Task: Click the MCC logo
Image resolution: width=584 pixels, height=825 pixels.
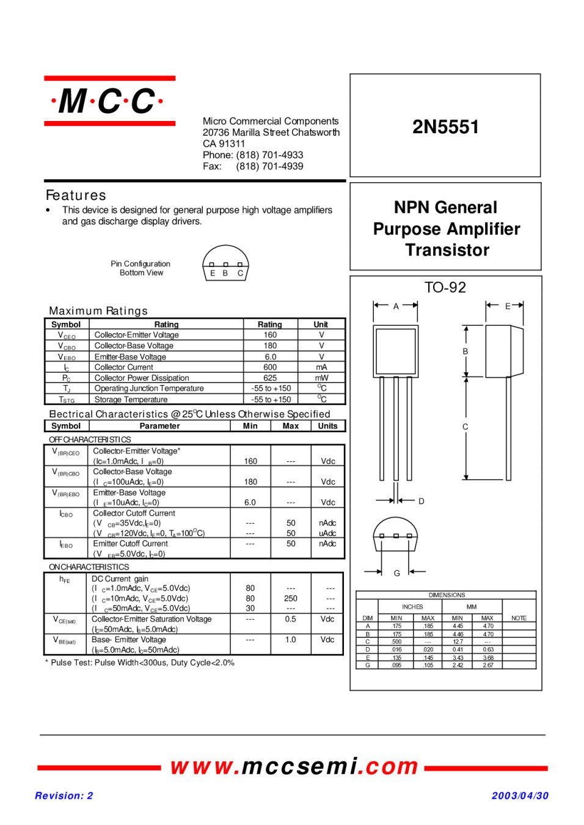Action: (x=109, y=101)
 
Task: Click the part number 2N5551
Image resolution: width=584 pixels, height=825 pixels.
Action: (x=445, y=127)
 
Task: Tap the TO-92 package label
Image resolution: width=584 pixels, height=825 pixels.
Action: (x=445, y=287)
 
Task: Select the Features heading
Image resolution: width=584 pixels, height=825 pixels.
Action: (x=76, y=195)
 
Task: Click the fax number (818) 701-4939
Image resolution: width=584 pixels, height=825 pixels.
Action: (x=269, y=166)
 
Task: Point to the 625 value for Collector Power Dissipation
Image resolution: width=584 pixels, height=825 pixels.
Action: (x=270, y=378)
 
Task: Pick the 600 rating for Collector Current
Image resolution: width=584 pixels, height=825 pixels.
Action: (x=270, y=367)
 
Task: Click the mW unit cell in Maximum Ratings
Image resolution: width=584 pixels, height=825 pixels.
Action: (x=321, y=378)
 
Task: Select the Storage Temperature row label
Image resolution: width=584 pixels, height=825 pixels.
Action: (x=131, y=400)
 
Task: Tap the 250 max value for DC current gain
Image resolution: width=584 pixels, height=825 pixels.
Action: (x=291, y=598)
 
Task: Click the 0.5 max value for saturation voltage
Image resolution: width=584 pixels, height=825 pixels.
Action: (x=290, y=619)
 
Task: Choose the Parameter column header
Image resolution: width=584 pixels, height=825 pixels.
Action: (x=159, y=426)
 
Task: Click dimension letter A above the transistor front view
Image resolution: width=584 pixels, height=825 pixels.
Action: (x=396, y=306)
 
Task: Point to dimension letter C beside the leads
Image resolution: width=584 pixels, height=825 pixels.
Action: (x=465, y=427)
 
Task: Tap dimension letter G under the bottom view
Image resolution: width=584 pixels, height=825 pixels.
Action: (x=397, y=573)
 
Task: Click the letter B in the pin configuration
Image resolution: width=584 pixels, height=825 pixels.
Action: (x=225, y=273)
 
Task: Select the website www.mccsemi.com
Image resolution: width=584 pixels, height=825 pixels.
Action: (x=294, y=766)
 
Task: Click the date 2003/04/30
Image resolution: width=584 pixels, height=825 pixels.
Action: (x=520, y=796)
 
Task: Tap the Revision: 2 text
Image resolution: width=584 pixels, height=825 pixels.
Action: (x=64, y=796)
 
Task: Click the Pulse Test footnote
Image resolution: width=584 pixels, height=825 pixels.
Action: (x=140, y=662)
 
